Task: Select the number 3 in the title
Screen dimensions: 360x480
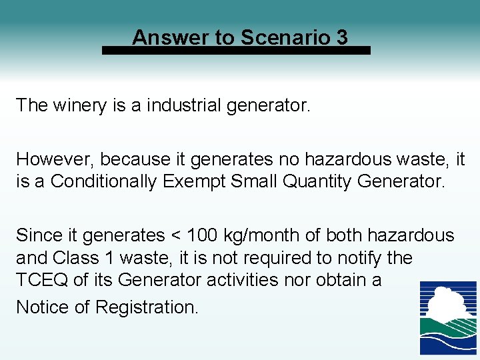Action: pyautogui.click(x=342, y=37)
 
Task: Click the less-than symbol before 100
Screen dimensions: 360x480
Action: pyautogui.click(x=175, y=236)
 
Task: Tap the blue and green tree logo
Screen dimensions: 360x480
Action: pyautogui.click(x=448, y=317)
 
